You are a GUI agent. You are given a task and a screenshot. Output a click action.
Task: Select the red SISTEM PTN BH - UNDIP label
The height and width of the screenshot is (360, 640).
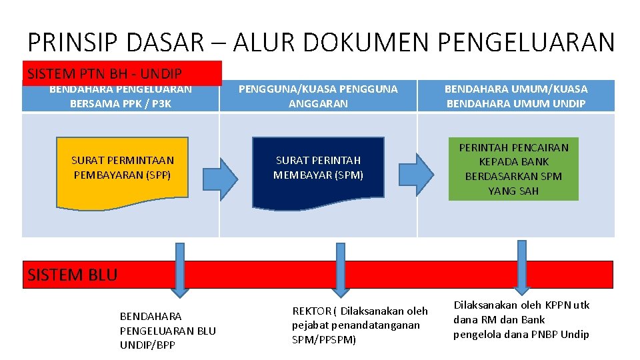(x=122, y=73)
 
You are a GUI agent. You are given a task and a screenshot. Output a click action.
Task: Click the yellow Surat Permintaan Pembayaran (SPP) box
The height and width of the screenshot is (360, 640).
(x=122, y=167)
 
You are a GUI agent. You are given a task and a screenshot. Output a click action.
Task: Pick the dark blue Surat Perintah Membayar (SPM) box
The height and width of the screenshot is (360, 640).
(x=318, y=167)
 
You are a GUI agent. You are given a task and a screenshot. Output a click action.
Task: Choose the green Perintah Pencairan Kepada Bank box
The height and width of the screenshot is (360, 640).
(x=513, y=169)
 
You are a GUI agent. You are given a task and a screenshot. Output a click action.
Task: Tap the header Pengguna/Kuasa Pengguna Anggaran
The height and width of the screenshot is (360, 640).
(x=318, y=96)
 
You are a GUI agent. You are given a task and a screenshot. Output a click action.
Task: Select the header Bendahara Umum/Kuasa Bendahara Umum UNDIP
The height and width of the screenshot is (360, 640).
(x=516, y=96)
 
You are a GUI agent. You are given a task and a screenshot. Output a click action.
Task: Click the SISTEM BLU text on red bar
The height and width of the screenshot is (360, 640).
(x=73, y=274)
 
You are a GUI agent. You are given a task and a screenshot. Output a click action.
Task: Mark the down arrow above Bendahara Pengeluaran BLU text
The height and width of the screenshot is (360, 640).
(x=179, y=270)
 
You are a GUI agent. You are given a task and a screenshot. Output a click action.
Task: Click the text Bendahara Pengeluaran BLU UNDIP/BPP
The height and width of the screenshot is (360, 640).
(x=167, y=330)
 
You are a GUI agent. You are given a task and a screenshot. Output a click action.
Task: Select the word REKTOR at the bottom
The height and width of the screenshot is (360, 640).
(x=311, y=311)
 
